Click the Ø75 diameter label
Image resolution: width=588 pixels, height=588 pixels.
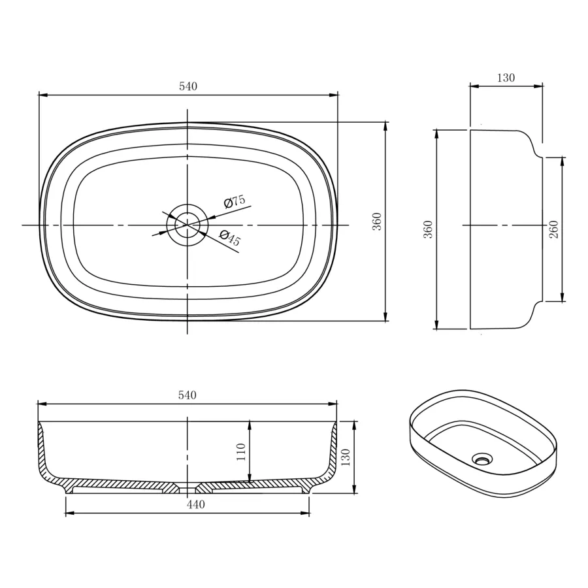235,201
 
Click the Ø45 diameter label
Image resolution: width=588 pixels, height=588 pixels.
230,237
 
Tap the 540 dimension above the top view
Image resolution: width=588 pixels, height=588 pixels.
188,86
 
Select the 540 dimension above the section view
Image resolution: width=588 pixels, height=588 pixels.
187,395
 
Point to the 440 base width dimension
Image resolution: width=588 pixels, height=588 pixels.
196,505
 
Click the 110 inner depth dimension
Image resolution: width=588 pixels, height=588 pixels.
240,452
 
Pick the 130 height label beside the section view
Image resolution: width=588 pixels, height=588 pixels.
346,457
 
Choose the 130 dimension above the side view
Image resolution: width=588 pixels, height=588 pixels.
506,78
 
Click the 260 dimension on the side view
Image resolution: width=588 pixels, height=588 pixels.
553,229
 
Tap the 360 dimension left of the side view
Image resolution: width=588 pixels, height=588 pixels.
428,229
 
